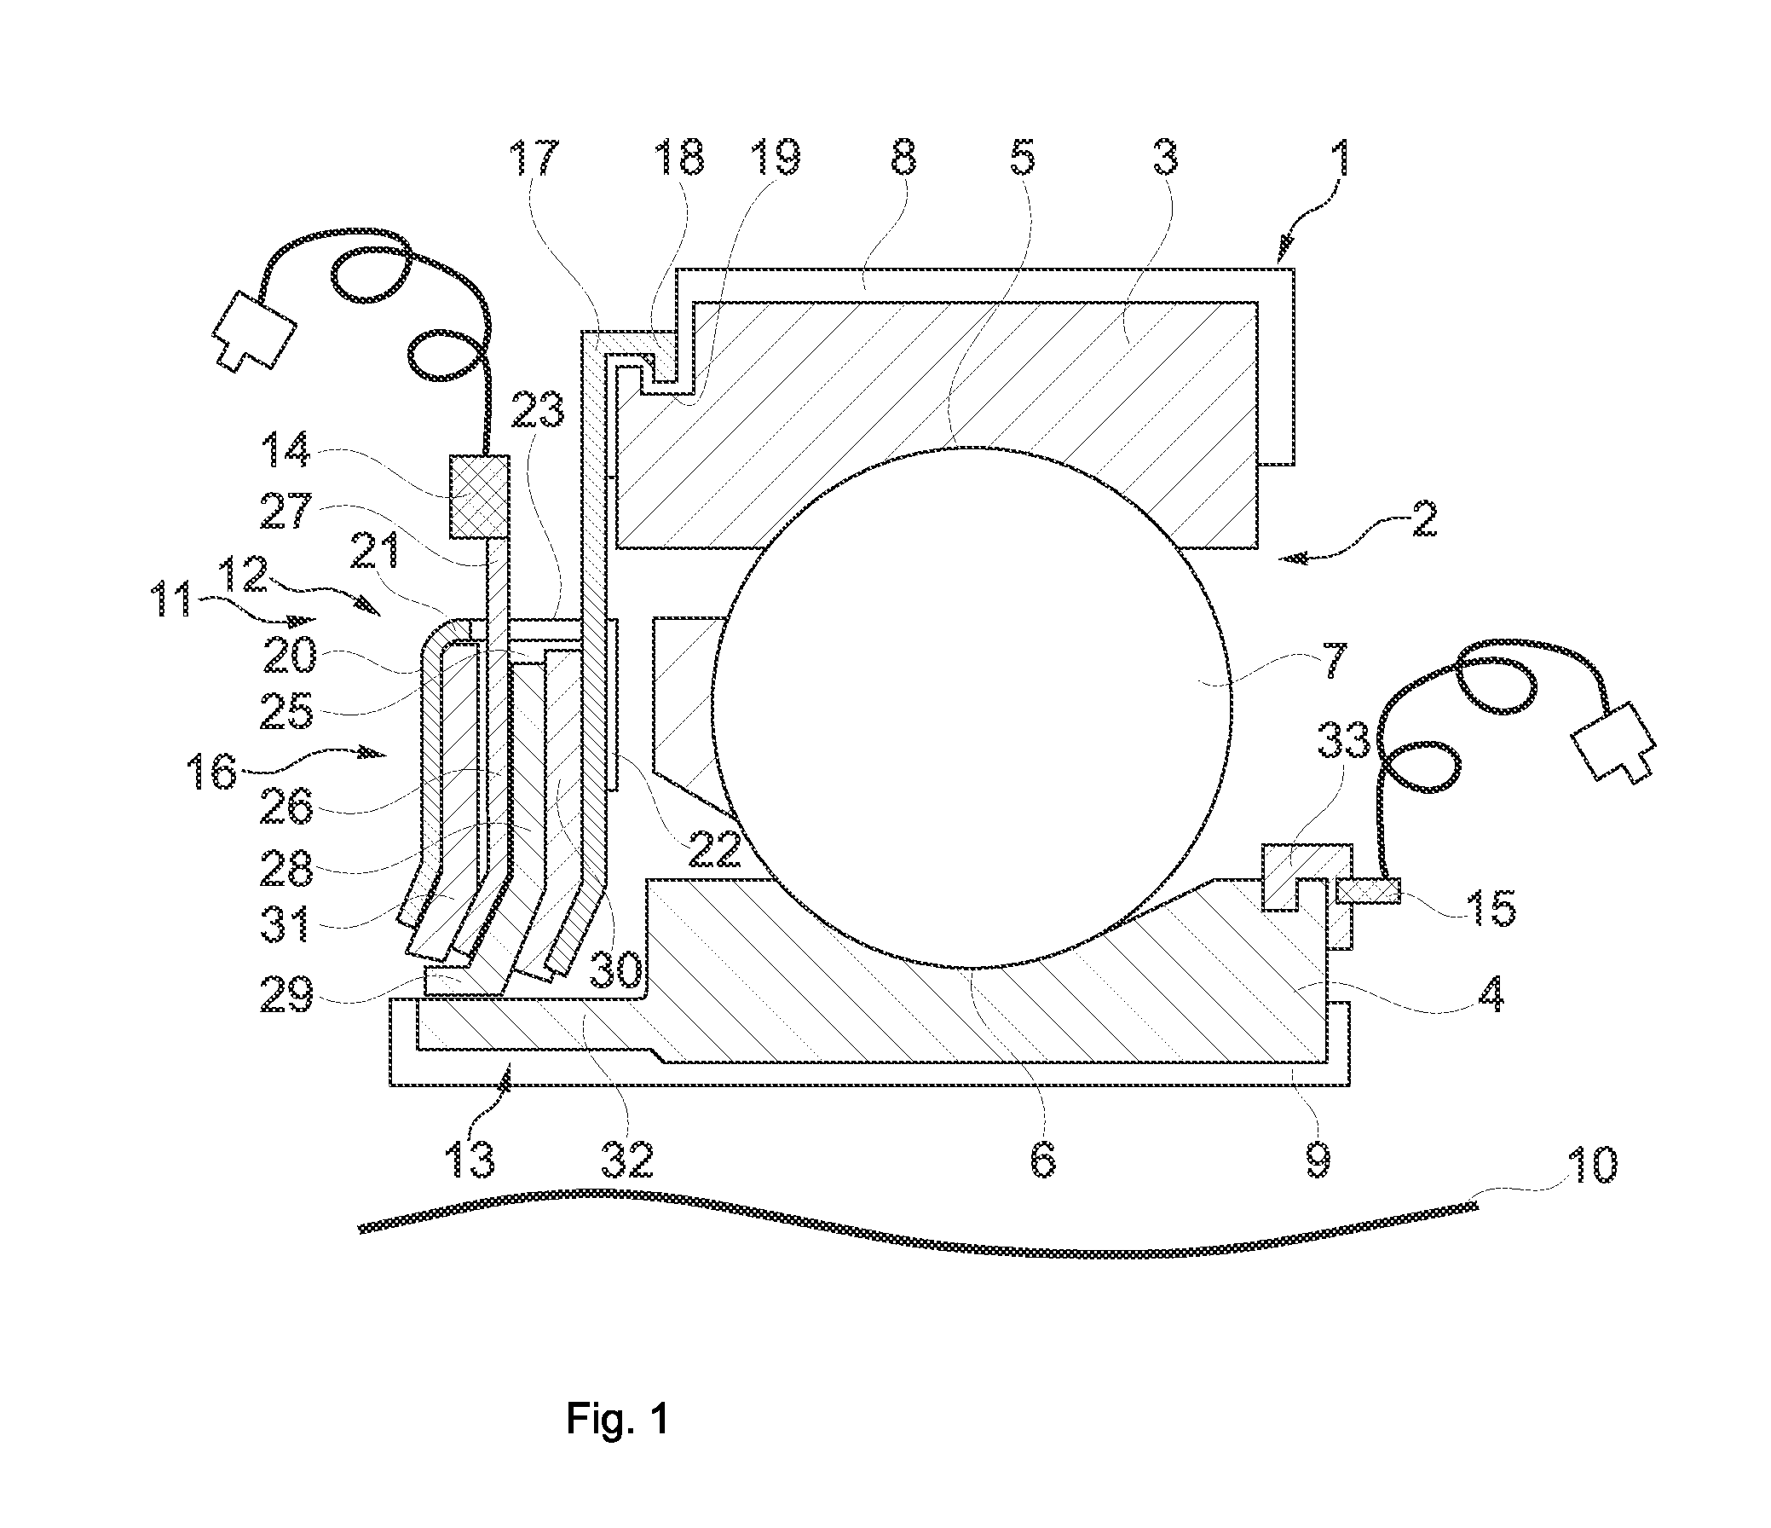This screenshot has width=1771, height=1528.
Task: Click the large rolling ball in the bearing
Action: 972,707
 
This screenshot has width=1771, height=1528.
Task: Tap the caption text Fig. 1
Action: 617,1419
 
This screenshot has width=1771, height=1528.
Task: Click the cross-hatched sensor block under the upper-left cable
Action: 479,496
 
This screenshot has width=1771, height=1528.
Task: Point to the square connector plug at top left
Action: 254,333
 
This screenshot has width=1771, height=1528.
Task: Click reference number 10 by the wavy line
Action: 1590,1166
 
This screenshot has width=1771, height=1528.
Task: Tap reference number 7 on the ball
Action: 1335,660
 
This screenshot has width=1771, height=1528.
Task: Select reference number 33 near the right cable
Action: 1343,740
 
